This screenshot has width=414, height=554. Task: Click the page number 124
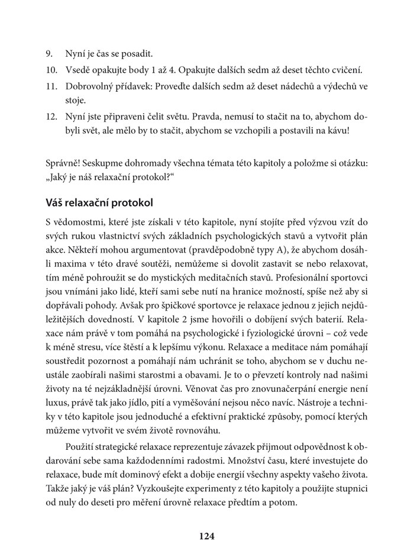click(206, 536)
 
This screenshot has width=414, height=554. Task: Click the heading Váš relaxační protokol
click(99, 202)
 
